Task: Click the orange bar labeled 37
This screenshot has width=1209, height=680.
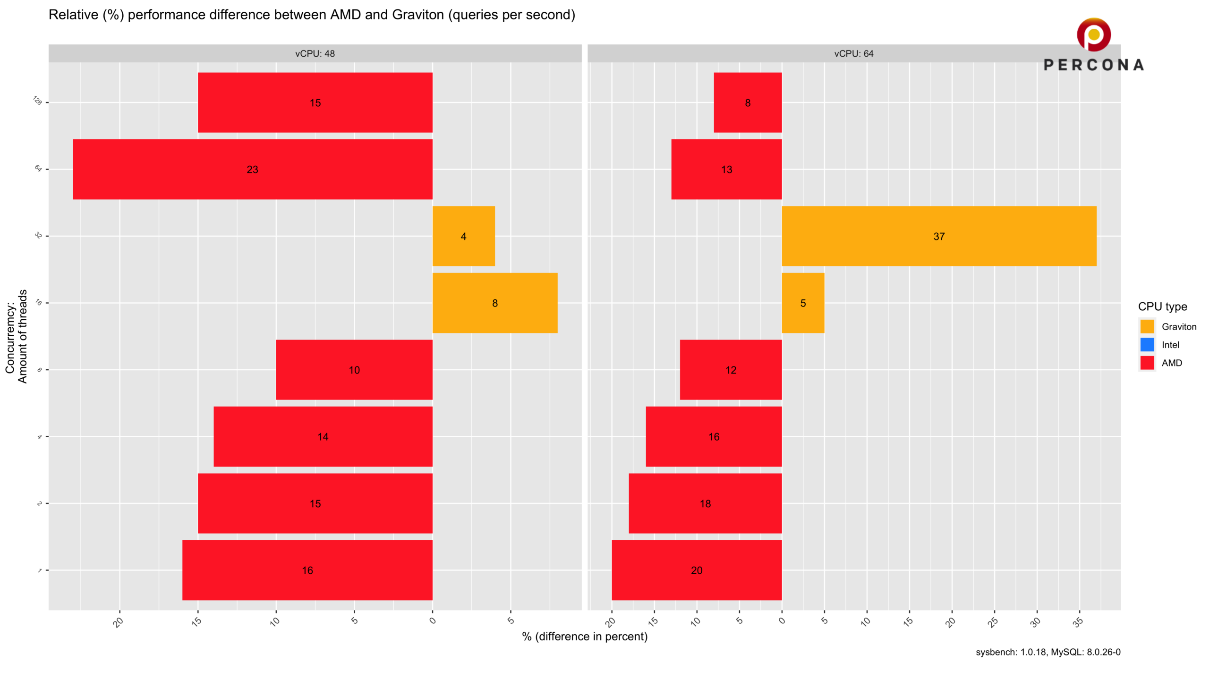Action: [939, 236]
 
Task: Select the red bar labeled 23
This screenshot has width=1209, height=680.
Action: [252, 169]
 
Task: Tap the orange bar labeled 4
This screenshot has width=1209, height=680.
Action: [463, 236]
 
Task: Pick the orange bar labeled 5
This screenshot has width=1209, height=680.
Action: [803, 303]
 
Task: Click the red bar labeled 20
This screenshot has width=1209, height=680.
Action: [697, 570]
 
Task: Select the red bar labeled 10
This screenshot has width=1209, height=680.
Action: [354, 370]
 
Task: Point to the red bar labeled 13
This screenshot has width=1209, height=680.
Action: [726, 169]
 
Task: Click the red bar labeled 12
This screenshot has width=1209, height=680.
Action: [731, 370]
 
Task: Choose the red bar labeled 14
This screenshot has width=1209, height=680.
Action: [323, 436]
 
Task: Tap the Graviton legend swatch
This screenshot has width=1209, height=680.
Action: [1147, 326]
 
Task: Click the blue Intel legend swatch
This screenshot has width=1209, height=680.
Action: [1147, 345]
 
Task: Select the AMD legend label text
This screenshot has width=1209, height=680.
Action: [1172, 363]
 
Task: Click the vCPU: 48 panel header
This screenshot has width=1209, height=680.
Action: [315, 53]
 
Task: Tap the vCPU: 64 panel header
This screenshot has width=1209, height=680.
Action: [854, 53]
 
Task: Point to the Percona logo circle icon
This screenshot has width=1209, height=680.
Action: [1094, 34]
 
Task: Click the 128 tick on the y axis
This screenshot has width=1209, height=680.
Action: [37, 101]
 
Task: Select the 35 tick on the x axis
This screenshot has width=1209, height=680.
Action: [1078, 622]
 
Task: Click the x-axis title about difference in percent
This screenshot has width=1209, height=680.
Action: [585, 637]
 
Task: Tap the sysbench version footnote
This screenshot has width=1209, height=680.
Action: [1048, 652]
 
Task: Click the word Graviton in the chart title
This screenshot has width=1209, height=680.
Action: [418, 15]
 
